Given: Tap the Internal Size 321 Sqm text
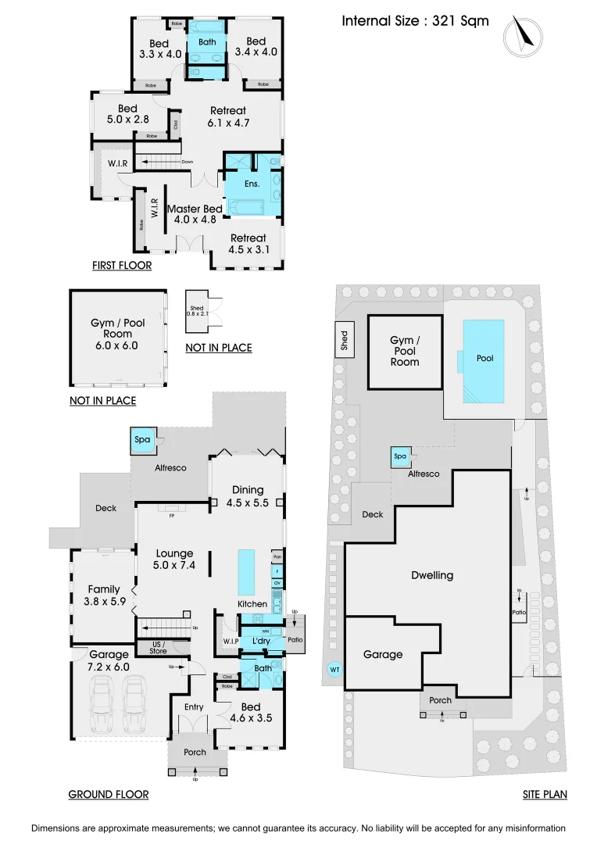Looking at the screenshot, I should pyautogui.click(x=415, y=21).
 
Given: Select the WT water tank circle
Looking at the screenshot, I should pyautogui.click(x=334, y=670).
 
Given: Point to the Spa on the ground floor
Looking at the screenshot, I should pyautogui.click(x=142, y=440).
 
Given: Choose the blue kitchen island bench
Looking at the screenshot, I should pyautogui.click(x=246, y=571).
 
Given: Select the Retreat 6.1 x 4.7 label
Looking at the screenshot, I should pyautogui.click(x=227, y=116).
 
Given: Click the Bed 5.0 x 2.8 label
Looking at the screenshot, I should pyautogui.click(x=127, y=114).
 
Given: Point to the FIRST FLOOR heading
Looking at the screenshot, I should pyautogui.click(x=121, y=266).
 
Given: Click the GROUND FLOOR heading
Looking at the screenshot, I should pyautogui.click(x=108, y=794).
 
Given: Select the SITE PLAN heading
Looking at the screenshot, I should pyautogui.click(x=545, y=794).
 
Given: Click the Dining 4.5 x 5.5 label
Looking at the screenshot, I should pyautogui.click(x=247, y=496).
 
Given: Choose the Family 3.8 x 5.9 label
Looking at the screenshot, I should pyautogui.click(x=103, y=595).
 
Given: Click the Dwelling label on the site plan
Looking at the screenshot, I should pyautogui.click(x=432, y=575).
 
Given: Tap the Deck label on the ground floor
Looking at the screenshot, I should pyautogui.click(x=105, y=508).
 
